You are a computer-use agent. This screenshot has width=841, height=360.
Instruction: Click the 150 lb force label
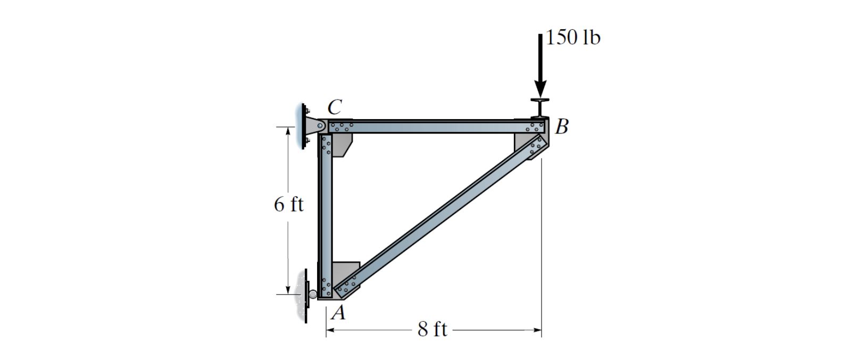click(x=573, y=38)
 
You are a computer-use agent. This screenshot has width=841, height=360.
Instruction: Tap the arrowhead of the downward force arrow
click(x=540, y=89)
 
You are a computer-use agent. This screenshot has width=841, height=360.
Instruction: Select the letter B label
click(x=562, y=127)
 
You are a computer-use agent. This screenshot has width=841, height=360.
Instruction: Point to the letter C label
click(x=335, y=107)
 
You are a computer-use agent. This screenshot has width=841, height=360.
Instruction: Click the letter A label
click(x=339, y=312)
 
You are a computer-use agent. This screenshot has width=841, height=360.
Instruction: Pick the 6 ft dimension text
click(x=289, y=205)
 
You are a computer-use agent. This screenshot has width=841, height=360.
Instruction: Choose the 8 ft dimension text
click(x=432, y=330)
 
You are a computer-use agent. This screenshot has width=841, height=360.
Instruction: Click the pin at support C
click(x=320, y=125)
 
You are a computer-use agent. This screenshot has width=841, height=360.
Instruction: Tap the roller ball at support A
click(x=313, y=294)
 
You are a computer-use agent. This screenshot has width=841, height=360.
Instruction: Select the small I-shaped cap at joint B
click(x=540, y=108)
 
